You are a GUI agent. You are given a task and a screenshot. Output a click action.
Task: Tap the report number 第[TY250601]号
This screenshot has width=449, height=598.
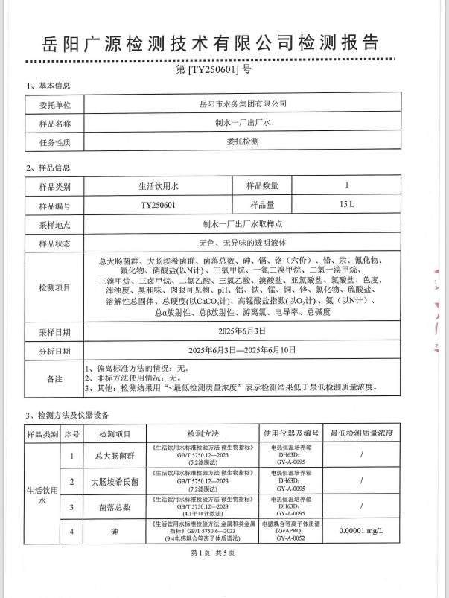[x=224, y=70]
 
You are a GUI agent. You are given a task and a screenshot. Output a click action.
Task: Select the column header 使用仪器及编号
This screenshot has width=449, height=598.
[x=290, y=433]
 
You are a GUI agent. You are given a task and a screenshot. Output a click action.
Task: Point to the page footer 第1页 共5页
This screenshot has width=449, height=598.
[x=223, y=553]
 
